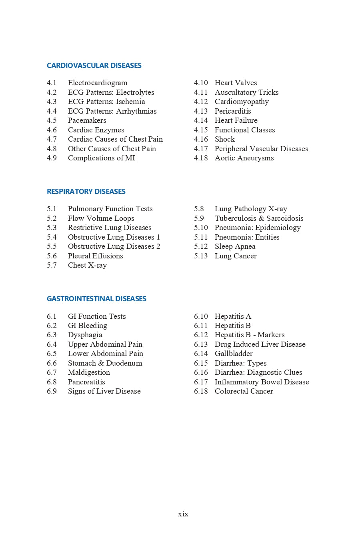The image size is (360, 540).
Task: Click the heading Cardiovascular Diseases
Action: pyautogui.click(x=94, y=66)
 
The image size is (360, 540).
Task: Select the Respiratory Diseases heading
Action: pyautogui.click(x=86, y=192)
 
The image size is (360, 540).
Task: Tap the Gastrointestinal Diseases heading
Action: pyautogui.click(x=96, y=299)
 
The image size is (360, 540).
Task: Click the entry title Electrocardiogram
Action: pyautogui.click(x=98, y=83)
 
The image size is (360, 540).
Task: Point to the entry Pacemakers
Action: pyautogui.click(x=87, y=120)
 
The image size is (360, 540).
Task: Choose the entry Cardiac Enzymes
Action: pyautogui.click(x=96, y=130)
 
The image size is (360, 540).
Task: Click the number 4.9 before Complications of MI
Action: pyautogui.click(x=52, y=158)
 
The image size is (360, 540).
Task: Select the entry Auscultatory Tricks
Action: pyautogui.click(x=246, y=92)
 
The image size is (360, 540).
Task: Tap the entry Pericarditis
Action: pyautogui.click(x=233, y=111)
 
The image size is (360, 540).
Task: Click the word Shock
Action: pyautogui.click(x=225, y=139)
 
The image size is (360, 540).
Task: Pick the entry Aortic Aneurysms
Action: pyautogui.click(x=244, y=158)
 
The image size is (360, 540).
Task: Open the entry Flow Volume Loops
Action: pyautogui.click(x=101, y=218)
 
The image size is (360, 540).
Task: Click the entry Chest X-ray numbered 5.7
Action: pyautogui.click(x=87, y=265)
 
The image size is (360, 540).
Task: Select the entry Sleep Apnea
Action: pyautogui.click(x=235, y=246)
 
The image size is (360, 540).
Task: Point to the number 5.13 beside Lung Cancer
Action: pyautogui.click(x=201, y=256)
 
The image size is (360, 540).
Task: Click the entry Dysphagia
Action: pyautogui.click(x=85, y=335)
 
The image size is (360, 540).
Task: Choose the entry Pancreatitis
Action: pyautogui.click(x=86, y=382)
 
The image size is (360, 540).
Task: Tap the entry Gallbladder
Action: pyautogui.click(x=234, y=354)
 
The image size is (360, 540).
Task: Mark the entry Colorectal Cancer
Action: pyautogui.click(x=244, y=391)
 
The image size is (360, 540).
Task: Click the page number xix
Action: pyautogui.click(x=183, y=514)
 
